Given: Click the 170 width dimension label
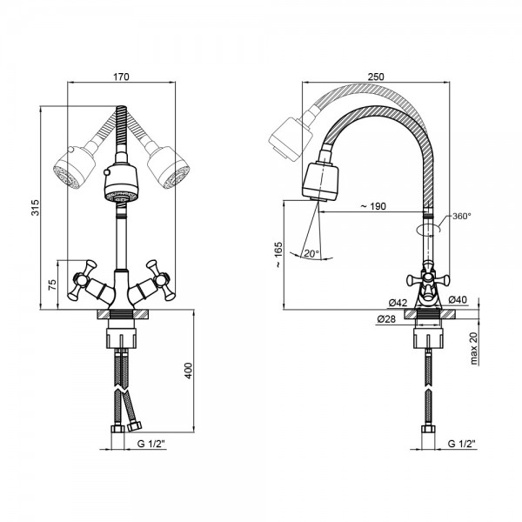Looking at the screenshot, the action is pos(121,77).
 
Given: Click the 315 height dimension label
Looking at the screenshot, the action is pos(36,207).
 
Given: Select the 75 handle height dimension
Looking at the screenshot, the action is pos(52,285).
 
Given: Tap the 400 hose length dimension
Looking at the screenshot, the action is pos(189,371).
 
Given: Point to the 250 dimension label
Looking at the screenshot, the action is pos(376,77).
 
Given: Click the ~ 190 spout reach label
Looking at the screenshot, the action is pos(373,206).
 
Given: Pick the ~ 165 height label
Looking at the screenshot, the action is pos(278,255).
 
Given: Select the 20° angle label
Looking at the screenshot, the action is pos(311,254).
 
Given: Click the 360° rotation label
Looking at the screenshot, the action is pos(462,216).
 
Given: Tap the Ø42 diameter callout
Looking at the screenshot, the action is pos(398,303).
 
